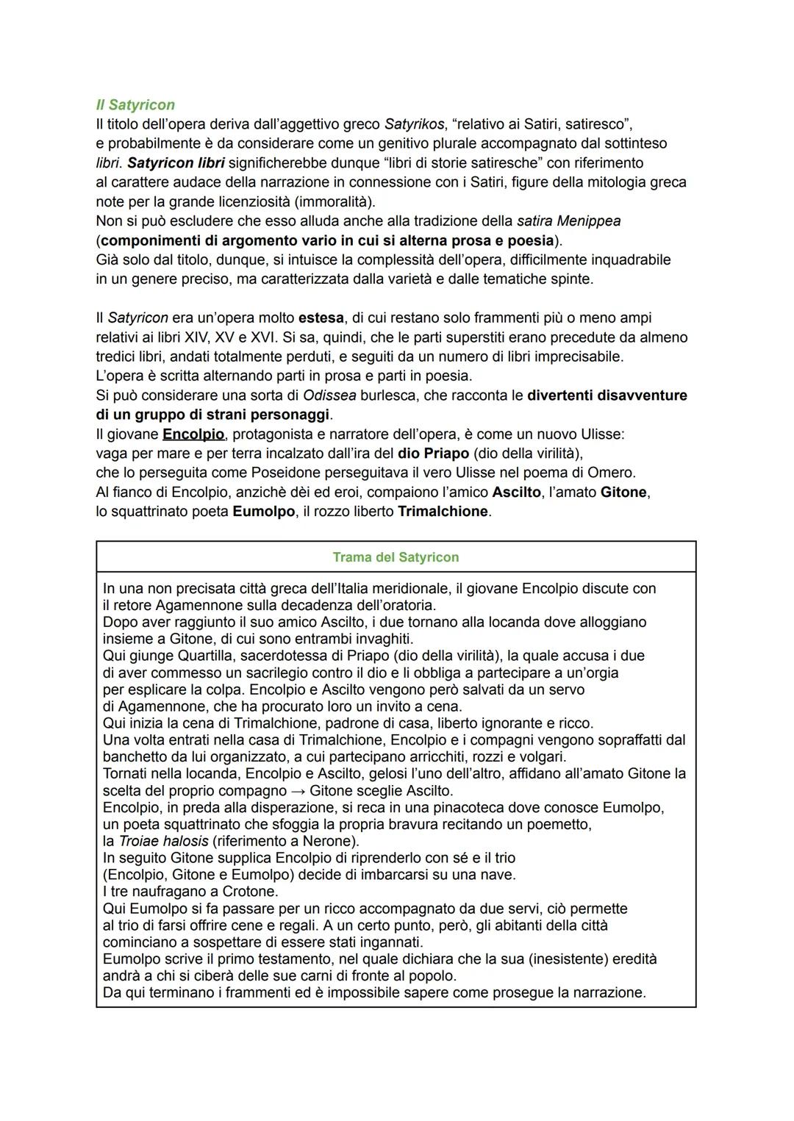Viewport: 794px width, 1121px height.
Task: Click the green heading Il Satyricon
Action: click(x=135, y=105)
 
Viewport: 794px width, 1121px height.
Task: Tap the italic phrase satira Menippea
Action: click(x=568, y=221)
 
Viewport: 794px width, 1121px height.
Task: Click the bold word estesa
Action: click(x=321, y=318)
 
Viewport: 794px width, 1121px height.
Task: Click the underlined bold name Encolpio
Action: click(x=193, y=434)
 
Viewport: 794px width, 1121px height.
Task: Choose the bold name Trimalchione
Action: click(x=443, y=512)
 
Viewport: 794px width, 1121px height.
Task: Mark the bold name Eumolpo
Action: click(x=264, y=512)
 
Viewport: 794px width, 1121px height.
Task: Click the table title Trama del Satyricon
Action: click(x=396, y=557)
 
